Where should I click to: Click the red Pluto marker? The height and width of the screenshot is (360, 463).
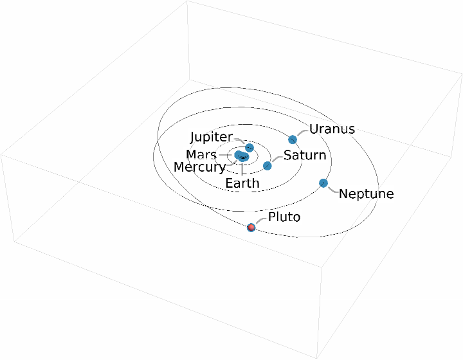pyautogui.click(x=251, y=227)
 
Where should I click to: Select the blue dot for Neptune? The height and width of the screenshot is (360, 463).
pyautogui.click(x=323, y=183)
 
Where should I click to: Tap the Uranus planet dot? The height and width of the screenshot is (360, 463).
pyautogui.click(x=293, y=139)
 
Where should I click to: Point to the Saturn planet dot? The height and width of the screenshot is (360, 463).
pyautogui.click(x=268, y=166)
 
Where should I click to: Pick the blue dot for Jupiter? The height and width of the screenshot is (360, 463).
pyautogui.click(x=250, y=148)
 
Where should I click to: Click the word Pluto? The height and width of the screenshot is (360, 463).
pyautogui.click(x=284, y=217)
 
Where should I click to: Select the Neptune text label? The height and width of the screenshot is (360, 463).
pyautogui.click(x=366, y=194)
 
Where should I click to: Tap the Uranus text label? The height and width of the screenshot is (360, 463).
pyautogui.click(x=332, y=129)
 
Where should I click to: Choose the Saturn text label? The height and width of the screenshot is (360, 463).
pyautogui.click(x=305, y=156)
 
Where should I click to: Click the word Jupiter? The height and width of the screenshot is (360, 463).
pyautogui.click(x=211, y=138)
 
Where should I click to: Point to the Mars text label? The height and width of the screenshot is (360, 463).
pyautogui.click(x=201, y=155)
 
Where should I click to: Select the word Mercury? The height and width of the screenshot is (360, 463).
pyautogui.click(x=199, y=167)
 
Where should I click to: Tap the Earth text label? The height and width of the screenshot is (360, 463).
pyautogui.click(x=242, y=183)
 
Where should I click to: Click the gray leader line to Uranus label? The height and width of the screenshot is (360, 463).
pyautogui.click(x=301, y=132)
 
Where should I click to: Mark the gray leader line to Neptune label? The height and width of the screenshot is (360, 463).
pyautogui.click(x=332, y=190)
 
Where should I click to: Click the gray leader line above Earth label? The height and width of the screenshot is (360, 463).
pyautogui.click(x=242, y=168)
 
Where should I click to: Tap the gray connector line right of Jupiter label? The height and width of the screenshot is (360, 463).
pyautogui.click(x=239, y=140)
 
